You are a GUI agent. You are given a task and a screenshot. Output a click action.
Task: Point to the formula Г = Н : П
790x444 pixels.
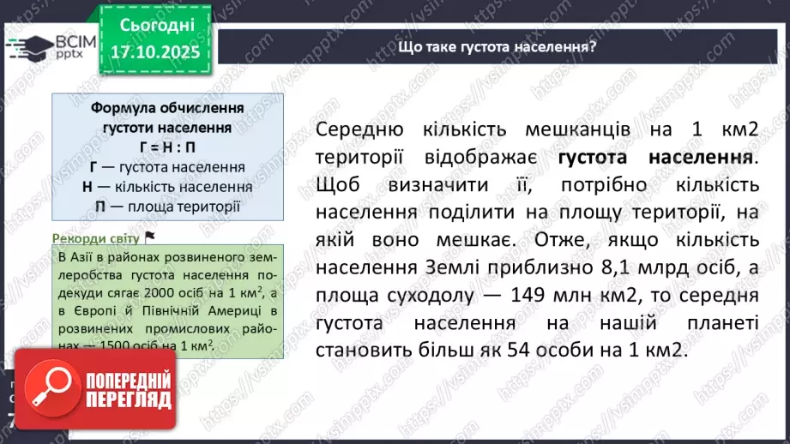166,148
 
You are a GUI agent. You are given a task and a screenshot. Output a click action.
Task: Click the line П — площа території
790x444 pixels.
166,206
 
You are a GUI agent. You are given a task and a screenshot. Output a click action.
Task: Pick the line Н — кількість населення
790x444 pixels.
166,187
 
